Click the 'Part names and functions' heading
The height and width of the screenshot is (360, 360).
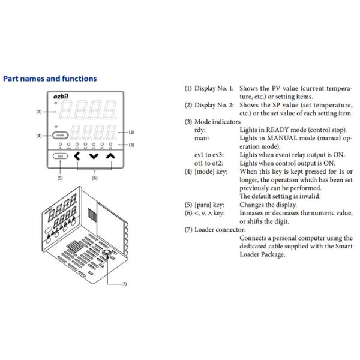click(x=50, y=79)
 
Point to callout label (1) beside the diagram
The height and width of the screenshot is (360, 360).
click(x=38, y=112)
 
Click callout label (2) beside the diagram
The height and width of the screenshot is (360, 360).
click(x=131, y=131)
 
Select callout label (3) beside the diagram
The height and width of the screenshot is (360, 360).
click(x=131, y=145)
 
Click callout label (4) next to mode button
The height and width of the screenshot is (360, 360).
click(x=38, y=136)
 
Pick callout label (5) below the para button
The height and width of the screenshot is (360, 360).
click(x=59, y=178)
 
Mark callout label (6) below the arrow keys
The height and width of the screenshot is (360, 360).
click(x=94, y=178)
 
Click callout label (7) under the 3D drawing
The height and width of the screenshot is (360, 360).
click(x=124, y=283)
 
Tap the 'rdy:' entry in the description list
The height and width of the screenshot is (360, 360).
click(x=202, y=129)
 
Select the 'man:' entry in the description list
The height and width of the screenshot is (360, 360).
click(x=203, y=137)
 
